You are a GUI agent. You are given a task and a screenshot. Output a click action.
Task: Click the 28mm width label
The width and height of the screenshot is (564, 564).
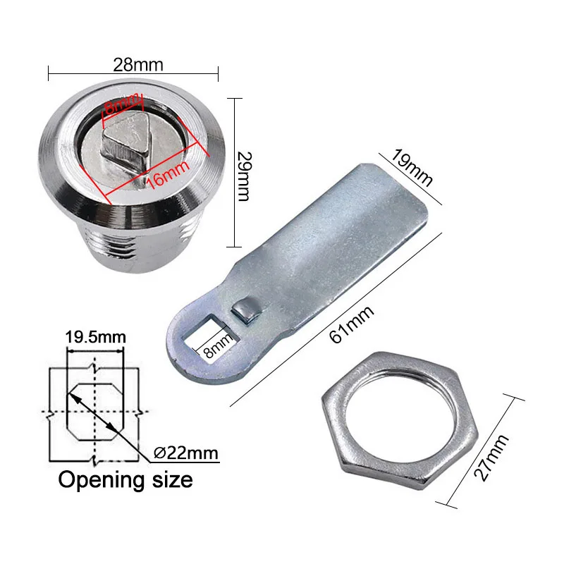coord(133,65)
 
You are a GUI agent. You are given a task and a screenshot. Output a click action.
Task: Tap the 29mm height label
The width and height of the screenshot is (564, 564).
coord(242,175)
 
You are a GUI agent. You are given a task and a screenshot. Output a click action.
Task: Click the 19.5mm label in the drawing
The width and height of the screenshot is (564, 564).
coord(95,336)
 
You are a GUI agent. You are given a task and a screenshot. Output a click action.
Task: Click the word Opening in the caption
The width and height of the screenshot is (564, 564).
coord(99,480)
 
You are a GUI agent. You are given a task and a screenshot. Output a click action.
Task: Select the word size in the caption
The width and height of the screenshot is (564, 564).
coord(170,480)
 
